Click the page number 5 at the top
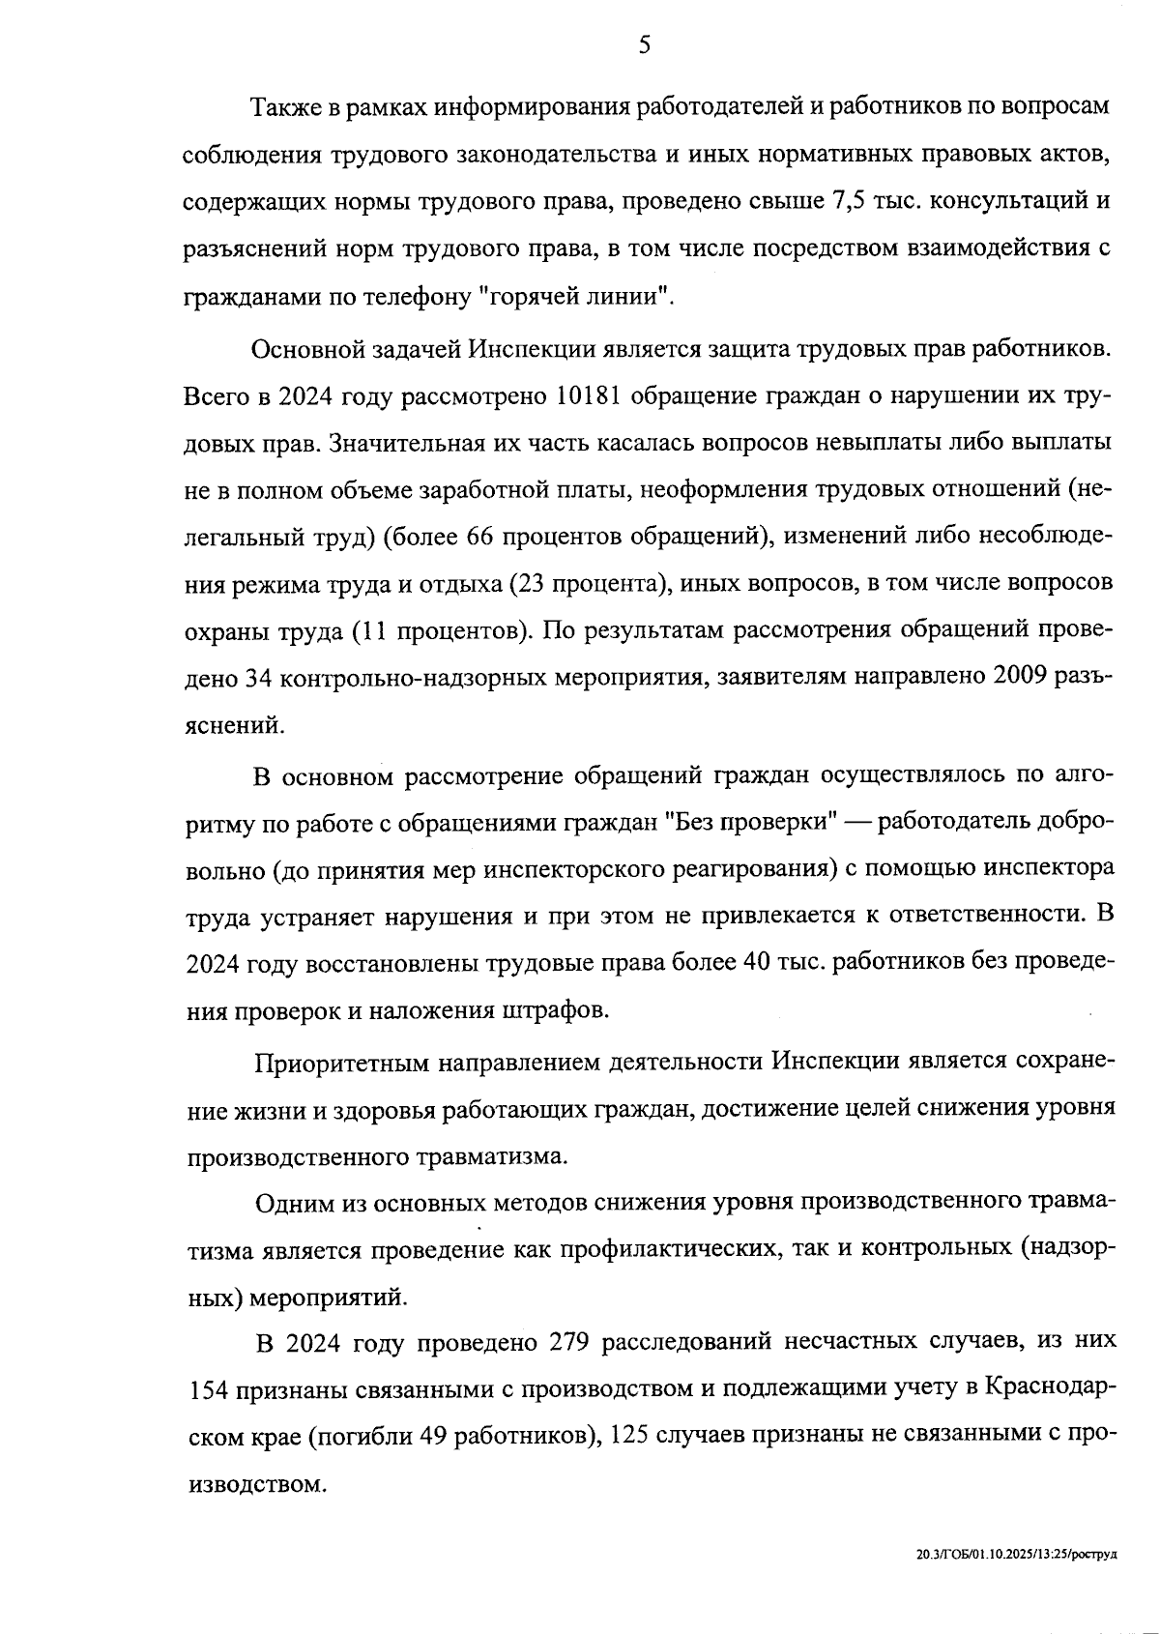tap(644, 45)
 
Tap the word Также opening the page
tap(282, 106)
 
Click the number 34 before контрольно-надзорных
tap(256, 679)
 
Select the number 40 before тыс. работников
tap(751, 963)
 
